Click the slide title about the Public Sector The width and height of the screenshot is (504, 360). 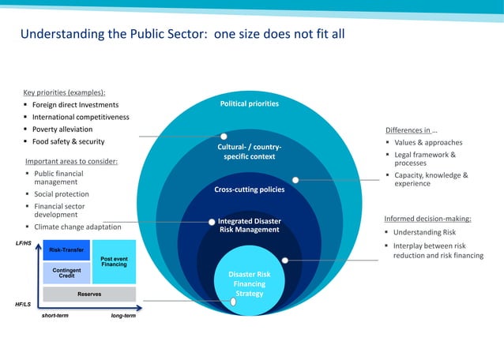pyautogui.click(x=182, y=35)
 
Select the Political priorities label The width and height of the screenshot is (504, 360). pyautogui.click(x=249, y=103)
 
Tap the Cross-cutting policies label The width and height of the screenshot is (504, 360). pyautogui.click(x=249, y=189)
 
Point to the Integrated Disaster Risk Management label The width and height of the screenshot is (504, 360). pyautogui.click(x=249, y=226)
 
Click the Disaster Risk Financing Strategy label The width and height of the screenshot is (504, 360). pyautogui.click(x=249, y=284)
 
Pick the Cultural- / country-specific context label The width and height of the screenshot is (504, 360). pyautogui.click(x=249, y=152)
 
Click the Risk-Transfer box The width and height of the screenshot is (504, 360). pyautogui.click(x=66, y=250)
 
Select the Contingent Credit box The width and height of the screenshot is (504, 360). pyautogui.click(x=66, y=272)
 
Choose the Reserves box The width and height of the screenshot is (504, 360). pyautogui.click(x=88, y=294)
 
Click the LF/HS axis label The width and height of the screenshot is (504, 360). pyautogui.click(x=24, y=243)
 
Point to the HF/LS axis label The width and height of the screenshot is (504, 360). pyautogui.click(x=24, y=304)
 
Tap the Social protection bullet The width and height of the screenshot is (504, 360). pyautogui.click(x=62, y=194)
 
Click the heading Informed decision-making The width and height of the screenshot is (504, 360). pyautogui.click(x=427, y=219)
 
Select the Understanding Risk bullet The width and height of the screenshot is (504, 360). pyautogui.click(x=425, y=233)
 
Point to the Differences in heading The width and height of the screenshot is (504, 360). pyautogui.click(x=412, y=130)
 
